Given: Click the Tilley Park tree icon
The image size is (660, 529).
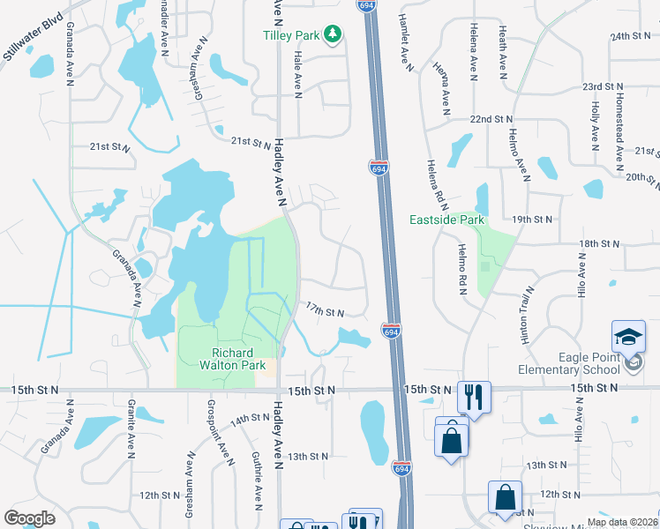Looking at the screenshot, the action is (333, 34).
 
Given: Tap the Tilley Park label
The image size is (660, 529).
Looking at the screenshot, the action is (291, 35).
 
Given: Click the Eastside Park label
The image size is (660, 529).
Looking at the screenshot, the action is (446, 219).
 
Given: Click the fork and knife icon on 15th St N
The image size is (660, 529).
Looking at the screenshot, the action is (474, 397).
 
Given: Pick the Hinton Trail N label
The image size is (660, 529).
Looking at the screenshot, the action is (527, 315).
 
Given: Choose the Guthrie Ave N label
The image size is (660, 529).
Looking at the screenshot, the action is (256, 489).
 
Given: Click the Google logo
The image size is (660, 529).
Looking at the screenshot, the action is (30, 518).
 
